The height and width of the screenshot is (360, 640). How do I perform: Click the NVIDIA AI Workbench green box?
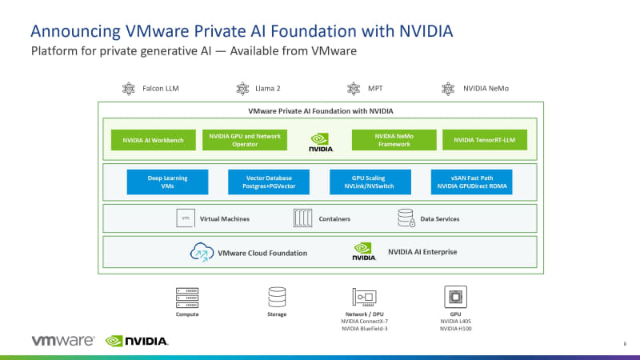click(154, 140)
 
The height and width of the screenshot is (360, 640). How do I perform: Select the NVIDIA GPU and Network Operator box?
click(245, 140)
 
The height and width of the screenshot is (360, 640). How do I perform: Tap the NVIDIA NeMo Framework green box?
click(394, 140)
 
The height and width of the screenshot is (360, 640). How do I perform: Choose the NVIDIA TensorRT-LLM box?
click(485, 140)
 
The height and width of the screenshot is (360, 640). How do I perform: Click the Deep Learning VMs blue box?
click(167, 182)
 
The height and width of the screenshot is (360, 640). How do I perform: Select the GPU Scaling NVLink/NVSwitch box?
click(370, 182)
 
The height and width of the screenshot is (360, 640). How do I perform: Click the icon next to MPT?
click(353, 89)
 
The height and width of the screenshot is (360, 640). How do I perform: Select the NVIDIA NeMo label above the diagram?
click(484, 89)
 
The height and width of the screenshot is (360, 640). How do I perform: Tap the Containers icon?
click(303, 218)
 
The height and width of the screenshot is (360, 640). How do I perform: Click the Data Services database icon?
click(406, 218)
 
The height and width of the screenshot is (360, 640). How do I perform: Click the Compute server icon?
click(187, 298)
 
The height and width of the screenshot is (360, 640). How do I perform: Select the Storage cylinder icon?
click(277, 298)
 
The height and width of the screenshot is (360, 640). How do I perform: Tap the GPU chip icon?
click(456, 298)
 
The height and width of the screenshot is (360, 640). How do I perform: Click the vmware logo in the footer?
click(63, 341)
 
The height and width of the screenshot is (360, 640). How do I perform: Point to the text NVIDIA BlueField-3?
click(365, 329)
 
